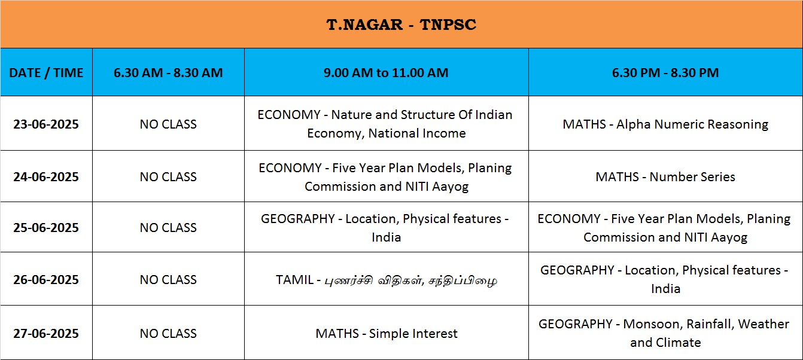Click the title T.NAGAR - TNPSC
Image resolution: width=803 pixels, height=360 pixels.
pos(401,25)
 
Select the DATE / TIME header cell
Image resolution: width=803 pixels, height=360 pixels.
pos(46,72)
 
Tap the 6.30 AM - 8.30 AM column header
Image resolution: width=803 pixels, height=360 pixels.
pos(168,72)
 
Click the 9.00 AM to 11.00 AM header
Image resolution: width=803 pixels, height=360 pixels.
pos(386,72)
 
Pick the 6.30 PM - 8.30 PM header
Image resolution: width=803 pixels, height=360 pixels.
pos(665,72)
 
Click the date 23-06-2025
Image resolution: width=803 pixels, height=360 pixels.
pos(46,124)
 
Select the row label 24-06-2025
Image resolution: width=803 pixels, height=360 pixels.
pos(46,176)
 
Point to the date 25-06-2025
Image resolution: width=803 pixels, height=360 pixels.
pos(46,227)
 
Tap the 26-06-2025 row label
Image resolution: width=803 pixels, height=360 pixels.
pos(46,279)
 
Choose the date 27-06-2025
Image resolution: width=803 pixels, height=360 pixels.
pos(46,334)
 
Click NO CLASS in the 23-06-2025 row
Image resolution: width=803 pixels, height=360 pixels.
pos(168,124)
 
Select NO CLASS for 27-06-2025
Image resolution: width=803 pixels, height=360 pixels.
pos(168,334)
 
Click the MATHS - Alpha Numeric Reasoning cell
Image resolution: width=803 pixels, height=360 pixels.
pos(665,124)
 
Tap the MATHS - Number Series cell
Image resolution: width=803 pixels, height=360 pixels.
pos(665,176)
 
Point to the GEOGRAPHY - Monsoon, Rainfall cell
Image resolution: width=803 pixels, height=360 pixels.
pos(665,333)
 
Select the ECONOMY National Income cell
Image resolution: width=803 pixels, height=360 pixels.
pos(386,124)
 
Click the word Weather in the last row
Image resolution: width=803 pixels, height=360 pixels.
pos(764,324)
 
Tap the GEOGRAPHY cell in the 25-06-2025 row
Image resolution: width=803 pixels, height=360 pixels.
pos(386,228)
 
